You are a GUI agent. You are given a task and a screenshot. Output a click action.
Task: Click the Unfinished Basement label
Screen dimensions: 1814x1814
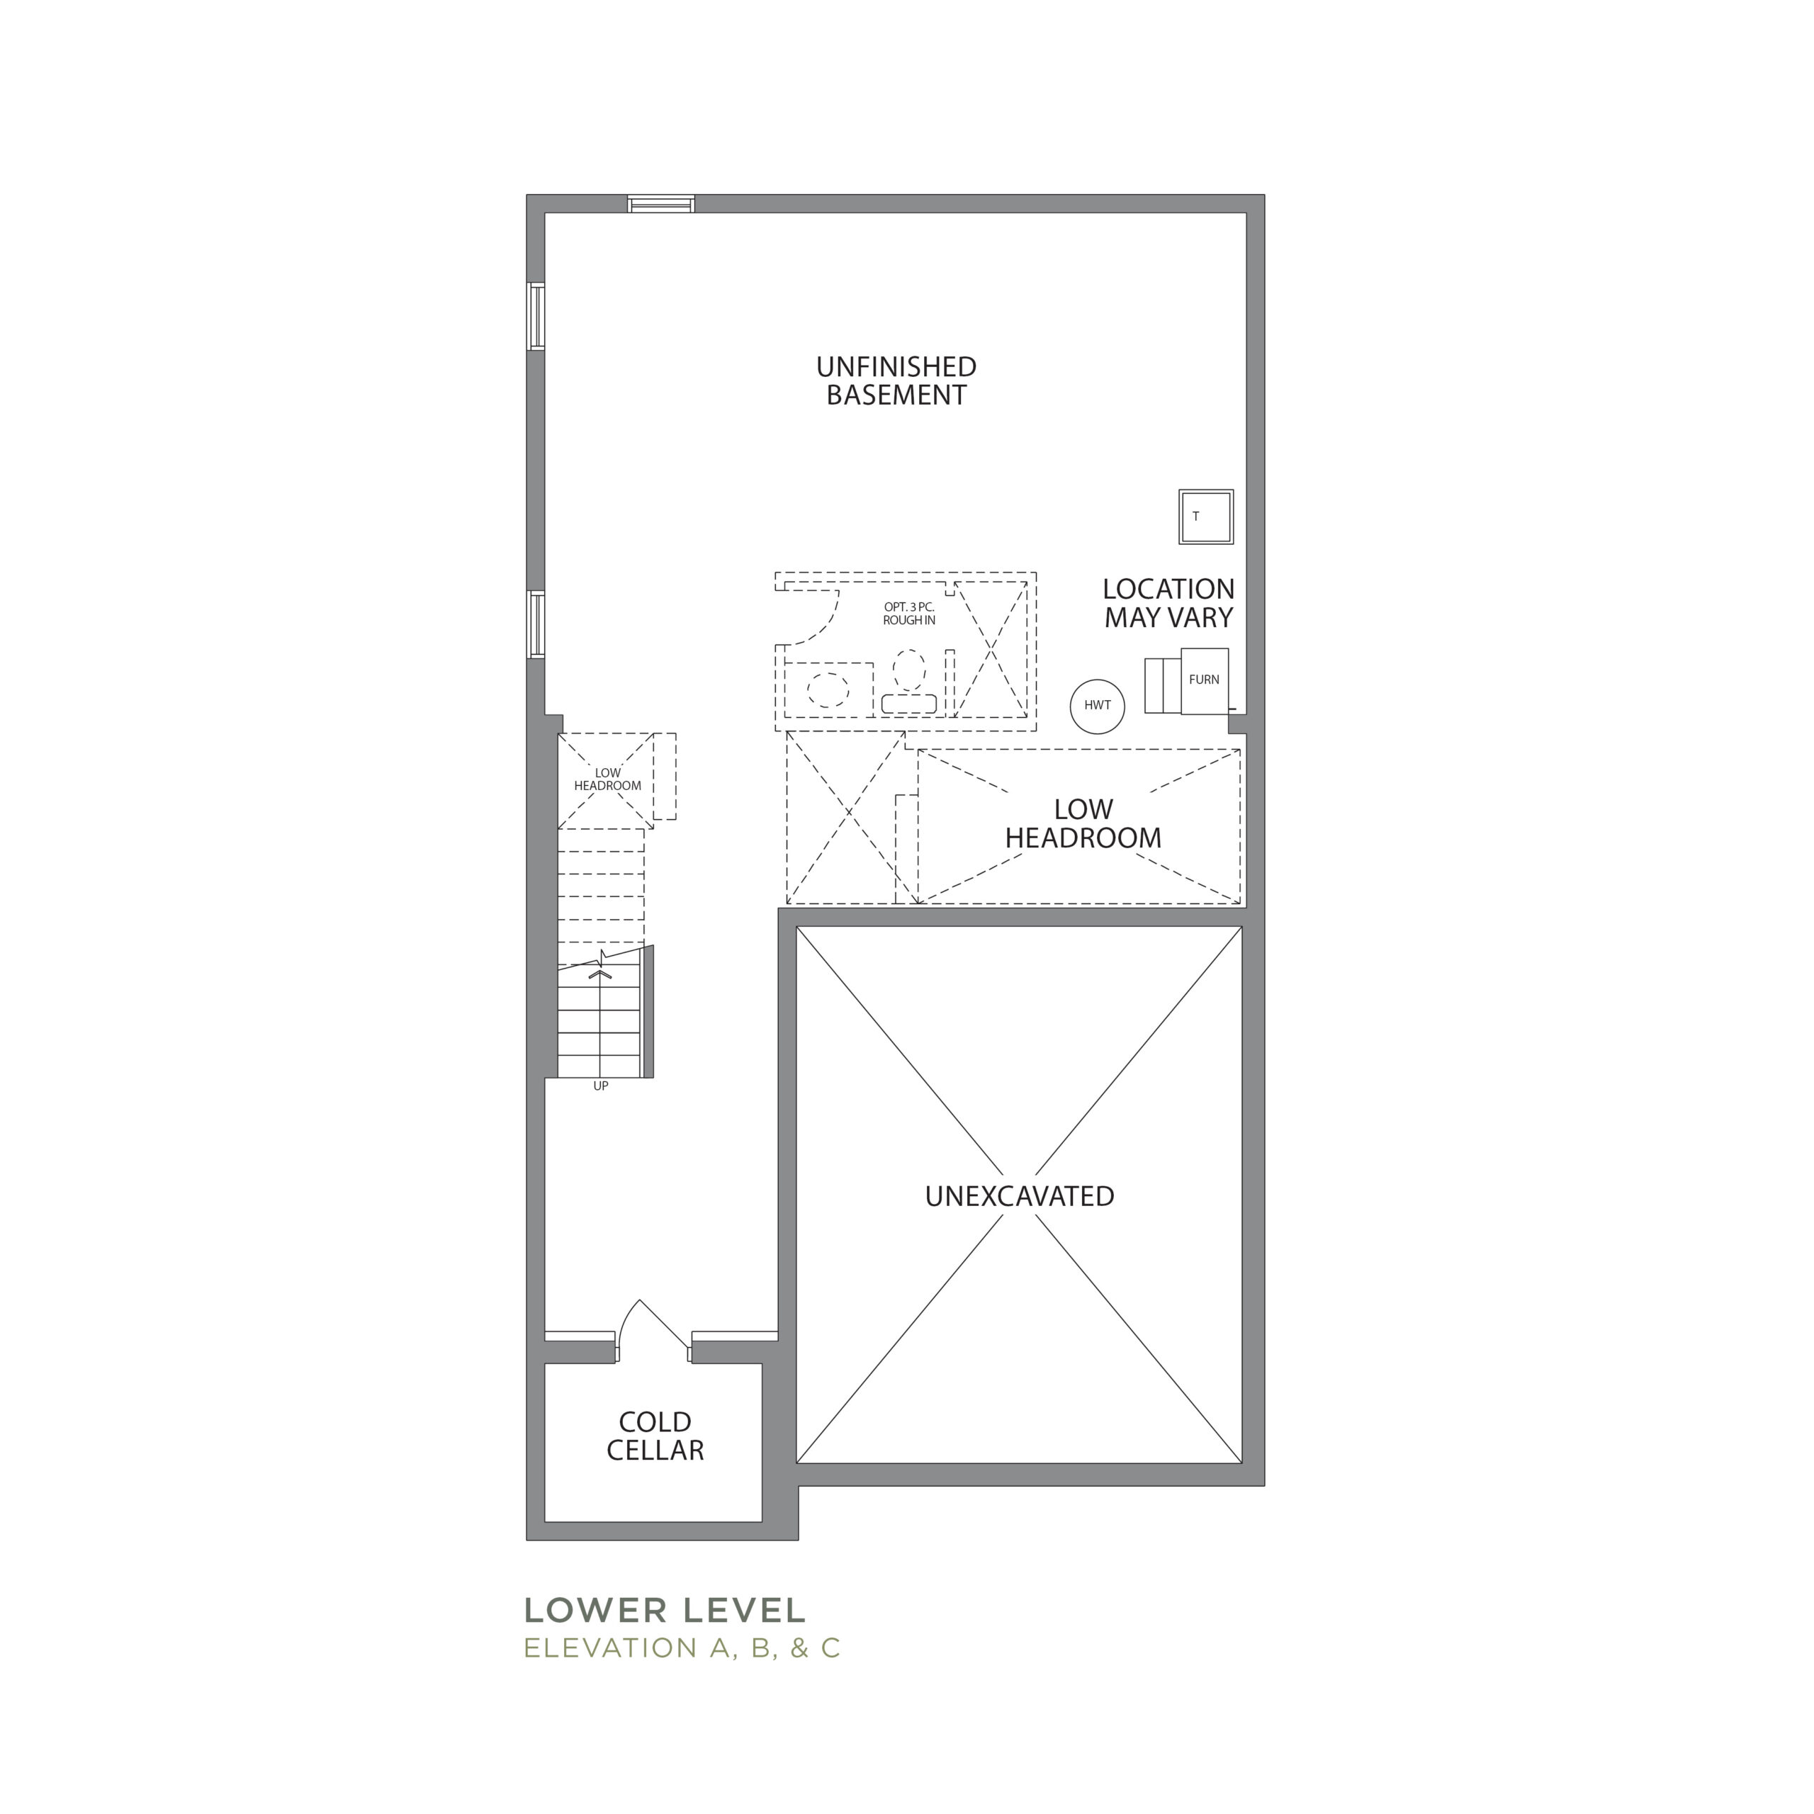[896, 381]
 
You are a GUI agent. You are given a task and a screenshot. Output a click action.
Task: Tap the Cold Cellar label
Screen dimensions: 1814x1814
[655, 1436]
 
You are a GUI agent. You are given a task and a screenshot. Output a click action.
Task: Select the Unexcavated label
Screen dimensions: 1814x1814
[1020, 1196]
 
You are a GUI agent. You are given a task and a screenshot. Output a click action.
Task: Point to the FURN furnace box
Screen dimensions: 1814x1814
[1205, 680]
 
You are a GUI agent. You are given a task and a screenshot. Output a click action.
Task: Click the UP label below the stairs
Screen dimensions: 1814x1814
[601, 1086]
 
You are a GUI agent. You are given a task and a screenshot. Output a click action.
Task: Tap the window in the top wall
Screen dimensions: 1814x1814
[661, 204]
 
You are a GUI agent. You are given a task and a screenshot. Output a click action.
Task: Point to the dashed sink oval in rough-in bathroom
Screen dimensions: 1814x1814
[828, 691]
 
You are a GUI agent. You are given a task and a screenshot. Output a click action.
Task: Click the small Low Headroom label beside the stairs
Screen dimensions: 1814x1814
[607, 779]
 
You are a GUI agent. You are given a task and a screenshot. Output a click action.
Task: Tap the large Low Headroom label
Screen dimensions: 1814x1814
[1083, 823]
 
